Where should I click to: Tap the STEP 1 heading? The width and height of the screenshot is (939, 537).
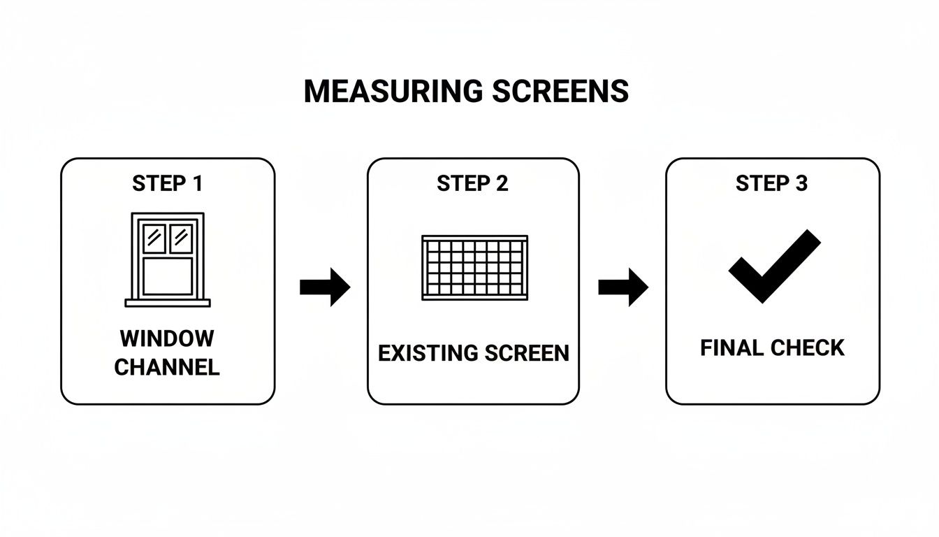(168, 184)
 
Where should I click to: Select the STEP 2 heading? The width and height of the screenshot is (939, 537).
(473, 184)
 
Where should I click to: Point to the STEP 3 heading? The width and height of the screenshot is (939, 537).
(771, 184)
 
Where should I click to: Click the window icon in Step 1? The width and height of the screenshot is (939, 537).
(168, 259)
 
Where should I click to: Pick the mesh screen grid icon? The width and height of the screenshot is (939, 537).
(474, 268)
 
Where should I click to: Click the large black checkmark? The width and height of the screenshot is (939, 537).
(773, 266)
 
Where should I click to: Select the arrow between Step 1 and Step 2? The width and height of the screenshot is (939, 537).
(325, 287)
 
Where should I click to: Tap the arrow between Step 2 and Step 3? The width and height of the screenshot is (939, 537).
(623, 287)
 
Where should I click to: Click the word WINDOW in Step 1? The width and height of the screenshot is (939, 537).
(167, 339)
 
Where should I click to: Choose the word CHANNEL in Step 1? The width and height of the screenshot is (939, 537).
(167, 367)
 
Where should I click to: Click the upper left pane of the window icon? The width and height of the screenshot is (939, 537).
(154, 238)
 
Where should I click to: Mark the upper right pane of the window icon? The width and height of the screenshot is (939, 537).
(181, 238)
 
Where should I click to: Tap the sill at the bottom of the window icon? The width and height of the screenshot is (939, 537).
(168, 303)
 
